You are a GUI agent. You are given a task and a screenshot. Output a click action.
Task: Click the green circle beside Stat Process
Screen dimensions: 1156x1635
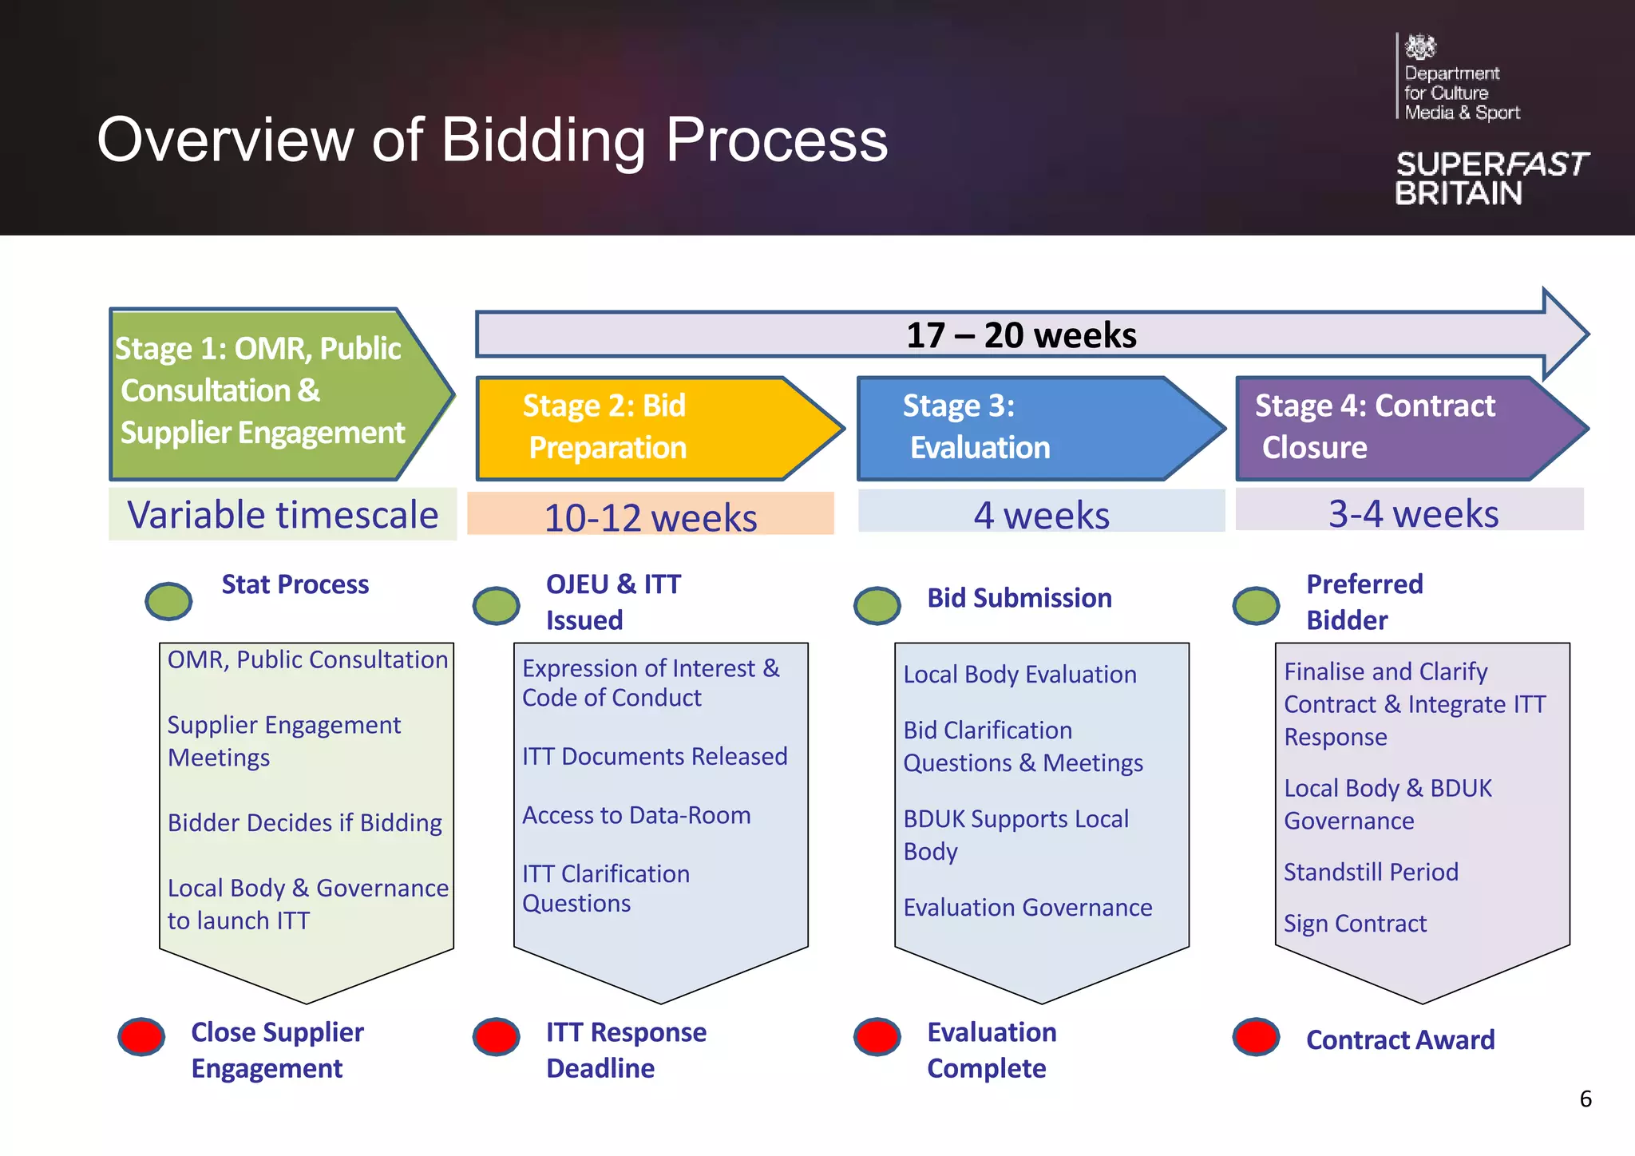tap(168, 600)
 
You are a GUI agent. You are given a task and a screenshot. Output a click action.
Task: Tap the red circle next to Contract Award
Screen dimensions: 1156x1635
tap(1256, 1037)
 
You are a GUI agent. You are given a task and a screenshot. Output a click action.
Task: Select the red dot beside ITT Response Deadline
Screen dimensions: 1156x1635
tap(496, 1037)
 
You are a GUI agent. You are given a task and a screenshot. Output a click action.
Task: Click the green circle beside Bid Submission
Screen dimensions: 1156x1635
tap(877, 605)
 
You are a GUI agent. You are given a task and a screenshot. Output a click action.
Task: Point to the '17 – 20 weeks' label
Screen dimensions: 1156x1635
tap(1021, 335)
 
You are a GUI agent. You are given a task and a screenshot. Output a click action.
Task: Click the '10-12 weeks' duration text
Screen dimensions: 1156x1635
tap(650, 517)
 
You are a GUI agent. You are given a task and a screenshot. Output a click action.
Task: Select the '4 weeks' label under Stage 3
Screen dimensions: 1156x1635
tap(1041, 515)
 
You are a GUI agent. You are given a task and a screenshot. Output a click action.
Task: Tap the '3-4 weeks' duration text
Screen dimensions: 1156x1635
tap(1413, 513)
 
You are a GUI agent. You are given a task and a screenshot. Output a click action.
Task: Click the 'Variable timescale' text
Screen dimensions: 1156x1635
tap(283, 515)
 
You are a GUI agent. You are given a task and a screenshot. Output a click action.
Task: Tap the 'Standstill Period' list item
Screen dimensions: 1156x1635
tap(1371, 872)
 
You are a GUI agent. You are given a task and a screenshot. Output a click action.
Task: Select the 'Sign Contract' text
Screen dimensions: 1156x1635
tap(1355, 924)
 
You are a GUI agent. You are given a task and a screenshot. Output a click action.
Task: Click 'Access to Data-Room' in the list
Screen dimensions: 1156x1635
tap(636, 815)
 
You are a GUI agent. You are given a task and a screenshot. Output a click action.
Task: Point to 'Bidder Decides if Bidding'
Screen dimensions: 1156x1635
tap(304, 823)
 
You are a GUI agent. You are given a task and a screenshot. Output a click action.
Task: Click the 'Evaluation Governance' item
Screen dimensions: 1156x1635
tap(1027, 908)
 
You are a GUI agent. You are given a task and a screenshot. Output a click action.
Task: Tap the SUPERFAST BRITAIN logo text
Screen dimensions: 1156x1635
tap(1491, 178)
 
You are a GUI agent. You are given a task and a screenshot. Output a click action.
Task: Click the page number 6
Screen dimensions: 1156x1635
tap(1586, 1099)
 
